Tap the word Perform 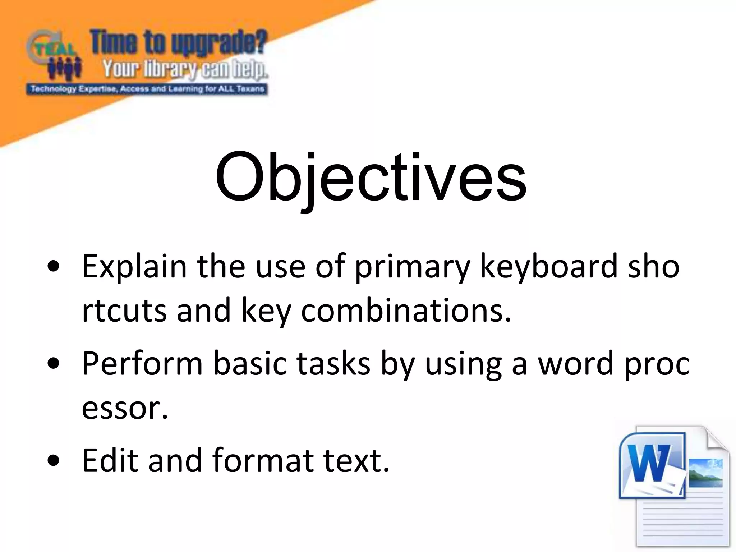tap(142, 364)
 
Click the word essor tap(124, 408)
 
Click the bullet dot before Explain tap(53, 267)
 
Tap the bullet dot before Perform tap(53, 364)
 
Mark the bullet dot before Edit tap(53, 460)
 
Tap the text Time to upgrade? tap(178, 42)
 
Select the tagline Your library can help tap(185, 69)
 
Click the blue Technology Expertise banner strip tap(147, 89)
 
